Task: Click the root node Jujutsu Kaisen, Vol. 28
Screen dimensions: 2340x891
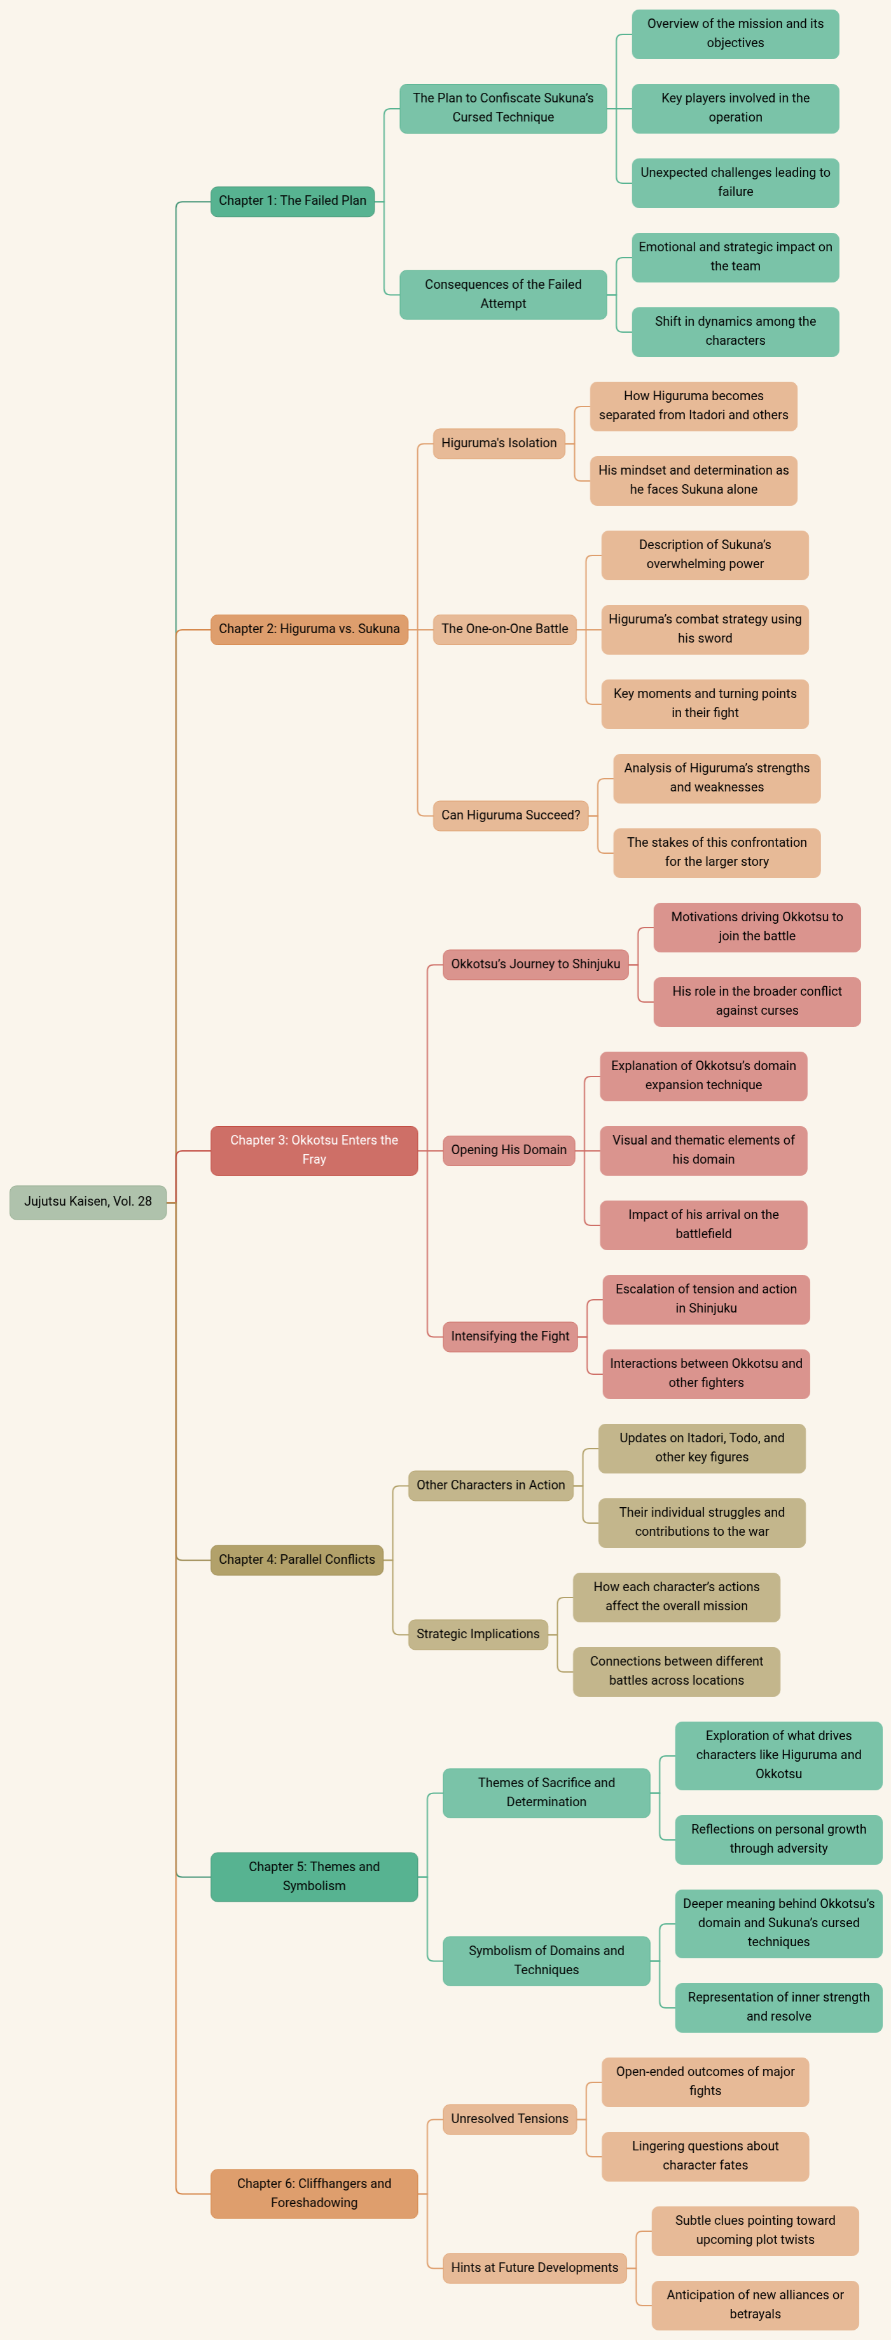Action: tap(88, 1202)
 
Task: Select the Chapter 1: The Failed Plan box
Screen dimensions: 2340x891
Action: tap(293, 201)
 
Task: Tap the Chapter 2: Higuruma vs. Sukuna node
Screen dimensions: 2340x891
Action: tap(309, 629)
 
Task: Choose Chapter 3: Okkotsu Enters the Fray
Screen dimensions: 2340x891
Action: tap(314, 1150)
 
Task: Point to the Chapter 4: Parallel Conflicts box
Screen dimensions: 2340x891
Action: tap(297, 1560)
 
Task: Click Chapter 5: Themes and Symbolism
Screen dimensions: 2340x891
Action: tap(314, 1876)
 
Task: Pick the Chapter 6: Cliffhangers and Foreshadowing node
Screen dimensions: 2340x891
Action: tap(314, 2193)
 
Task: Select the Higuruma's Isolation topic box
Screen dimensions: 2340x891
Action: tap(499, 443)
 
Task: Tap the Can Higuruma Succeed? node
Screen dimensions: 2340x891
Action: tap(511, 815)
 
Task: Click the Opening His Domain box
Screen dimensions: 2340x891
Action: tap(509, 1150)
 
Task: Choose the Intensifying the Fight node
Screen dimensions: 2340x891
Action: tap(511, 1336)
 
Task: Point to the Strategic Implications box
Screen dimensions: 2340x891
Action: tap(478, 1634)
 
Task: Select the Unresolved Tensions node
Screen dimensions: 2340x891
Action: tap(509, 2119)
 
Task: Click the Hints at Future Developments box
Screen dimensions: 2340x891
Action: tap(535, 2267)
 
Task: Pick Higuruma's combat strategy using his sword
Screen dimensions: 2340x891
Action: tap(705, 629)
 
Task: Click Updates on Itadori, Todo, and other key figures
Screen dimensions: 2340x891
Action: tap(702, 1448)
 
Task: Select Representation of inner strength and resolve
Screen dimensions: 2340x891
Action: tap(778, 2007)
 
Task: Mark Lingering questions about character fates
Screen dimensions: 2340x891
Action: tap(705, 2155)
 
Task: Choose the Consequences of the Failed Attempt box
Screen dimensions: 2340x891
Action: tap(503, 295)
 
